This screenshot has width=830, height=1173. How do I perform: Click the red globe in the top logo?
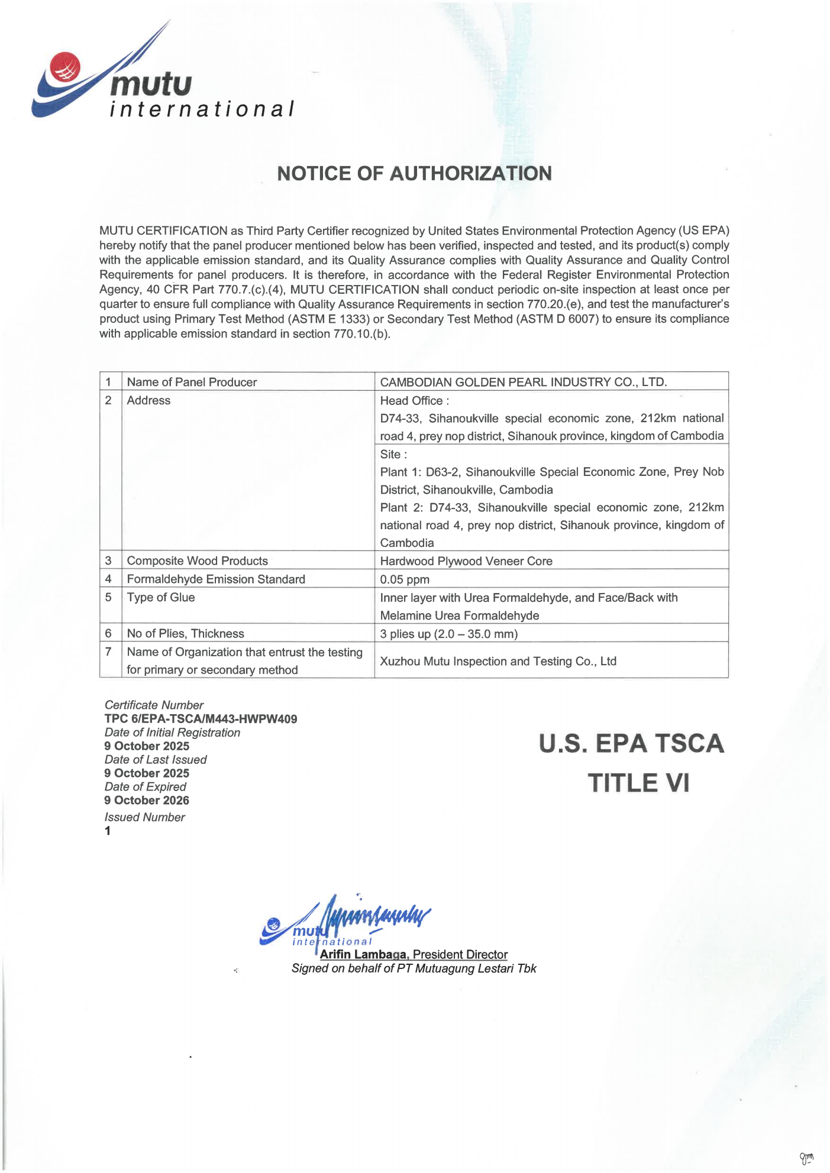[64, 67]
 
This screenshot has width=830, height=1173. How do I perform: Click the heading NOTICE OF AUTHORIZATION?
[414, 173]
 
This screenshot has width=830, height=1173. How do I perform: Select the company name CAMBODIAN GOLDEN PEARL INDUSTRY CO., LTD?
[523, 382]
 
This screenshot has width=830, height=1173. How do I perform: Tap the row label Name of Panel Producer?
[192, 382]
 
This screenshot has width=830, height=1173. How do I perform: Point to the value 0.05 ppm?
[405, 579]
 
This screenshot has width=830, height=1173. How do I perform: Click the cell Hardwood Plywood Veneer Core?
[466, 560]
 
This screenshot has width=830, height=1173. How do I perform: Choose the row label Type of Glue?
[160, 597]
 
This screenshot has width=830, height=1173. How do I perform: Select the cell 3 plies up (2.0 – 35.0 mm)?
[448, 634]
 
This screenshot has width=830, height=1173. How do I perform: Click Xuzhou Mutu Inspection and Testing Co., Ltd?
[498, 661]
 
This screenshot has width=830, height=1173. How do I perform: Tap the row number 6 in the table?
[108, 633]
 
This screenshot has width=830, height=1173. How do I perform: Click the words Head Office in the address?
[411, 400]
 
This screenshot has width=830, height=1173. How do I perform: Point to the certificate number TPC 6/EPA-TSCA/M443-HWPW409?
[201, 719]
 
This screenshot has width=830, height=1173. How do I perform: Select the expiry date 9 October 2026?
[147, 801]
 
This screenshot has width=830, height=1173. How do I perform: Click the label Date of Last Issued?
[156, 760]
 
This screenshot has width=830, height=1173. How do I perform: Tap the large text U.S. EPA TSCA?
[631, 743]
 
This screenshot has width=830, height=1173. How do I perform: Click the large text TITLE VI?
[638, 783]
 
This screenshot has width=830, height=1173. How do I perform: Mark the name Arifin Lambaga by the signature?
[363, 954]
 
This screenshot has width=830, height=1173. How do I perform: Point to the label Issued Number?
[144, 817]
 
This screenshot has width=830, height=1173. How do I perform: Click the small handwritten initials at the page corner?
[806, 1158]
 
